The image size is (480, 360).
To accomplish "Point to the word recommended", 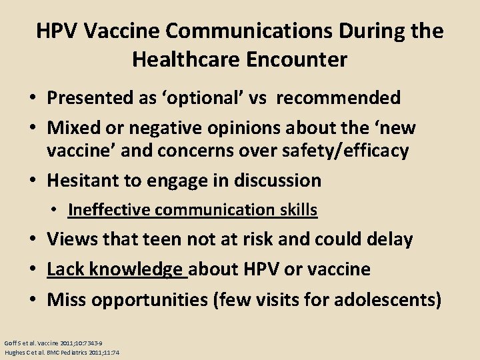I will click(x=339, y=98).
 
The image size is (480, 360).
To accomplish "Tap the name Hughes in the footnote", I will click(x=15, y=351).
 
